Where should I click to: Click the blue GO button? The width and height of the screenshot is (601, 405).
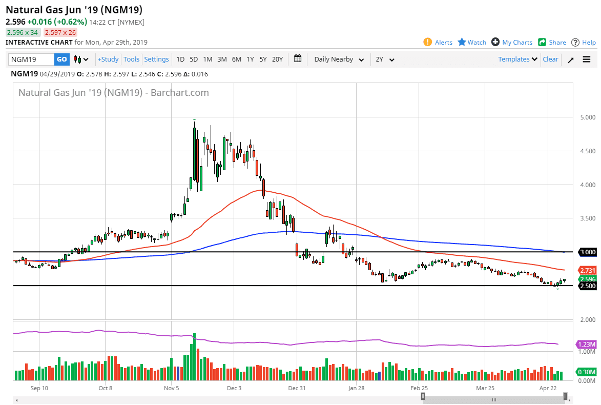pos(61,59)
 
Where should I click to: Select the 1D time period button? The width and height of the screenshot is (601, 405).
pos(180,59)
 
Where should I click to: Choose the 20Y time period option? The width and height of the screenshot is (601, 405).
pos(277,59)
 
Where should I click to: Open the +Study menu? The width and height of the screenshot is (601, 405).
pos(108,59)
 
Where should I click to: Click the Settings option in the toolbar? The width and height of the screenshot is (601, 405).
pos(156,59)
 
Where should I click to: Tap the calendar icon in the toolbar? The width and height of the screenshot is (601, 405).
pos(298,59)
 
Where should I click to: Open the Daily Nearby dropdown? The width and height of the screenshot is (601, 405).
pos(339,59)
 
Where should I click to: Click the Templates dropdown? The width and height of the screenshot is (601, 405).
pos(518,59)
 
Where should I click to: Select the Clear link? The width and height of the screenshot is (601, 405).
pos(550,59)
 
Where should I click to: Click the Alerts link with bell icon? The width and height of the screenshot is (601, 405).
pos(438,43)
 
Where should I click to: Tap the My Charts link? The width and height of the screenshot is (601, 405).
pos(512,43)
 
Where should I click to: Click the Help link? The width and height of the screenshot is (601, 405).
pos(584,43)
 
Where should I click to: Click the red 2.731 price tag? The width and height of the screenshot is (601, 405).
pos(587,270)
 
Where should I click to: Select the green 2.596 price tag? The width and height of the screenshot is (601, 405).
pos(587,279)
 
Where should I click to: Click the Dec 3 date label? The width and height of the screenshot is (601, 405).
pos(234,389)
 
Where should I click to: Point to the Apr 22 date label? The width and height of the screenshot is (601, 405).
pos(548,389)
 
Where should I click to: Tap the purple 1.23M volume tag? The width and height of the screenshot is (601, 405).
pos(586,344)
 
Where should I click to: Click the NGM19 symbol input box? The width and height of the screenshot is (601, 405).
pos(31,59)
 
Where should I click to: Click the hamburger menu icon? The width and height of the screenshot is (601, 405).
pos(587,59)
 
